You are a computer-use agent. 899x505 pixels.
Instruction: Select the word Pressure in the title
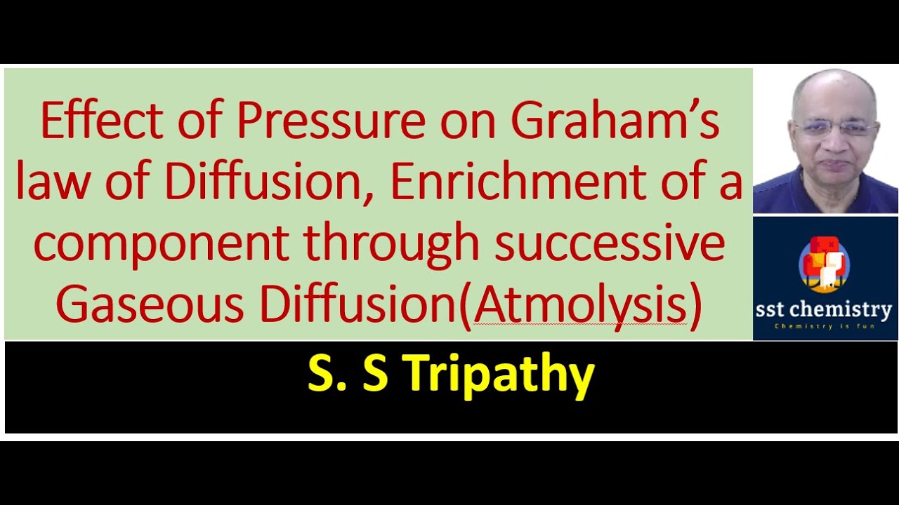pyautogui.click(x=330, y=121)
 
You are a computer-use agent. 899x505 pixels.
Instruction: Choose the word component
pyautogui.click(x=162, y=244)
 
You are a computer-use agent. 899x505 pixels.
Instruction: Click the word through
pyautogui.click(x=391, y=244)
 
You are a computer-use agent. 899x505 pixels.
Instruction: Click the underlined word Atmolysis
pyautogui.click(x=580, y=307)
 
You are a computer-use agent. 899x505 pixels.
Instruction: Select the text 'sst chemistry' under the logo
pyautogui.click(x=825, y=309)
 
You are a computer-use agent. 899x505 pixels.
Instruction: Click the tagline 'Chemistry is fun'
pyautogui.click(x=825, y=326)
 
